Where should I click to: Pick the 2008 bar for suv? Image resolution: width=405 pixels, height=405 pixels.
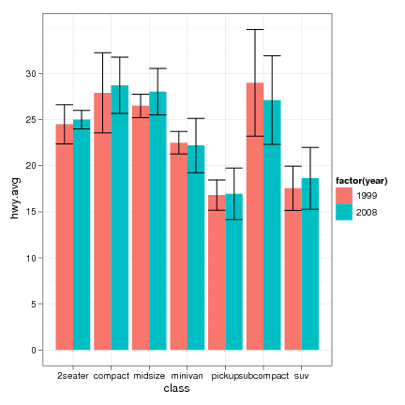(x=310, y=263)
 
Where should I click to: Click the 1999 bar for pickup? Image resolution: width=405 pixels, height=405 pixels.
(x=217, y=272)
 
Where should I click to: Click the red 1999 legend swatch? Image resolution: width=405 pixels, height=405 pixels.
(x=344, y=194)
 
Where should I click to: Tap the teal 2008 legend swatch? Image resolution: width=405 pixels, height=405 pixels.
(x=344, y=212)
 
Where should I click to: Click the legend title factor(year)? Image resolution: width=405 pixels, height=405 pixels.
(x=362, y=179)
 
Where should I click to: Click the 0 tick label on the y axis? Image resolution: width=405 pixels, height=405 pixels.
(x=35, y=350)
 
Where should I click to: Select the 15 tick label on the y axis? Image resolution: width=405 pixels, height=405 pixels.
(x=32, y=212)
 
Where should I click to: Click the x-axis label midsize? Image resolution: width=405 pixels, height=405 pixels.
(x=150, y=375)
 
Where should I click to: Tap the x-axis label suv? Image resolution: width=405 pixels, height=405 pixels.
(x=302, y=375)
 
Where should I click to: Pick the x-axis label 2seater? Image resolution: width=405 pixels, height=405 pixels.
(x=73, y=375)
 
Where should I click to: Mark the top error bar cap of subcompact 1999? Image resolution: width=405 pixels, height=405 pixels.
(x=255, y=30)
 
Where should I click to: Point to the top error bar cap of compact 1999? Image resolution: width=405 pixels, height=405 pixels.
(x=102, y=52)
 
